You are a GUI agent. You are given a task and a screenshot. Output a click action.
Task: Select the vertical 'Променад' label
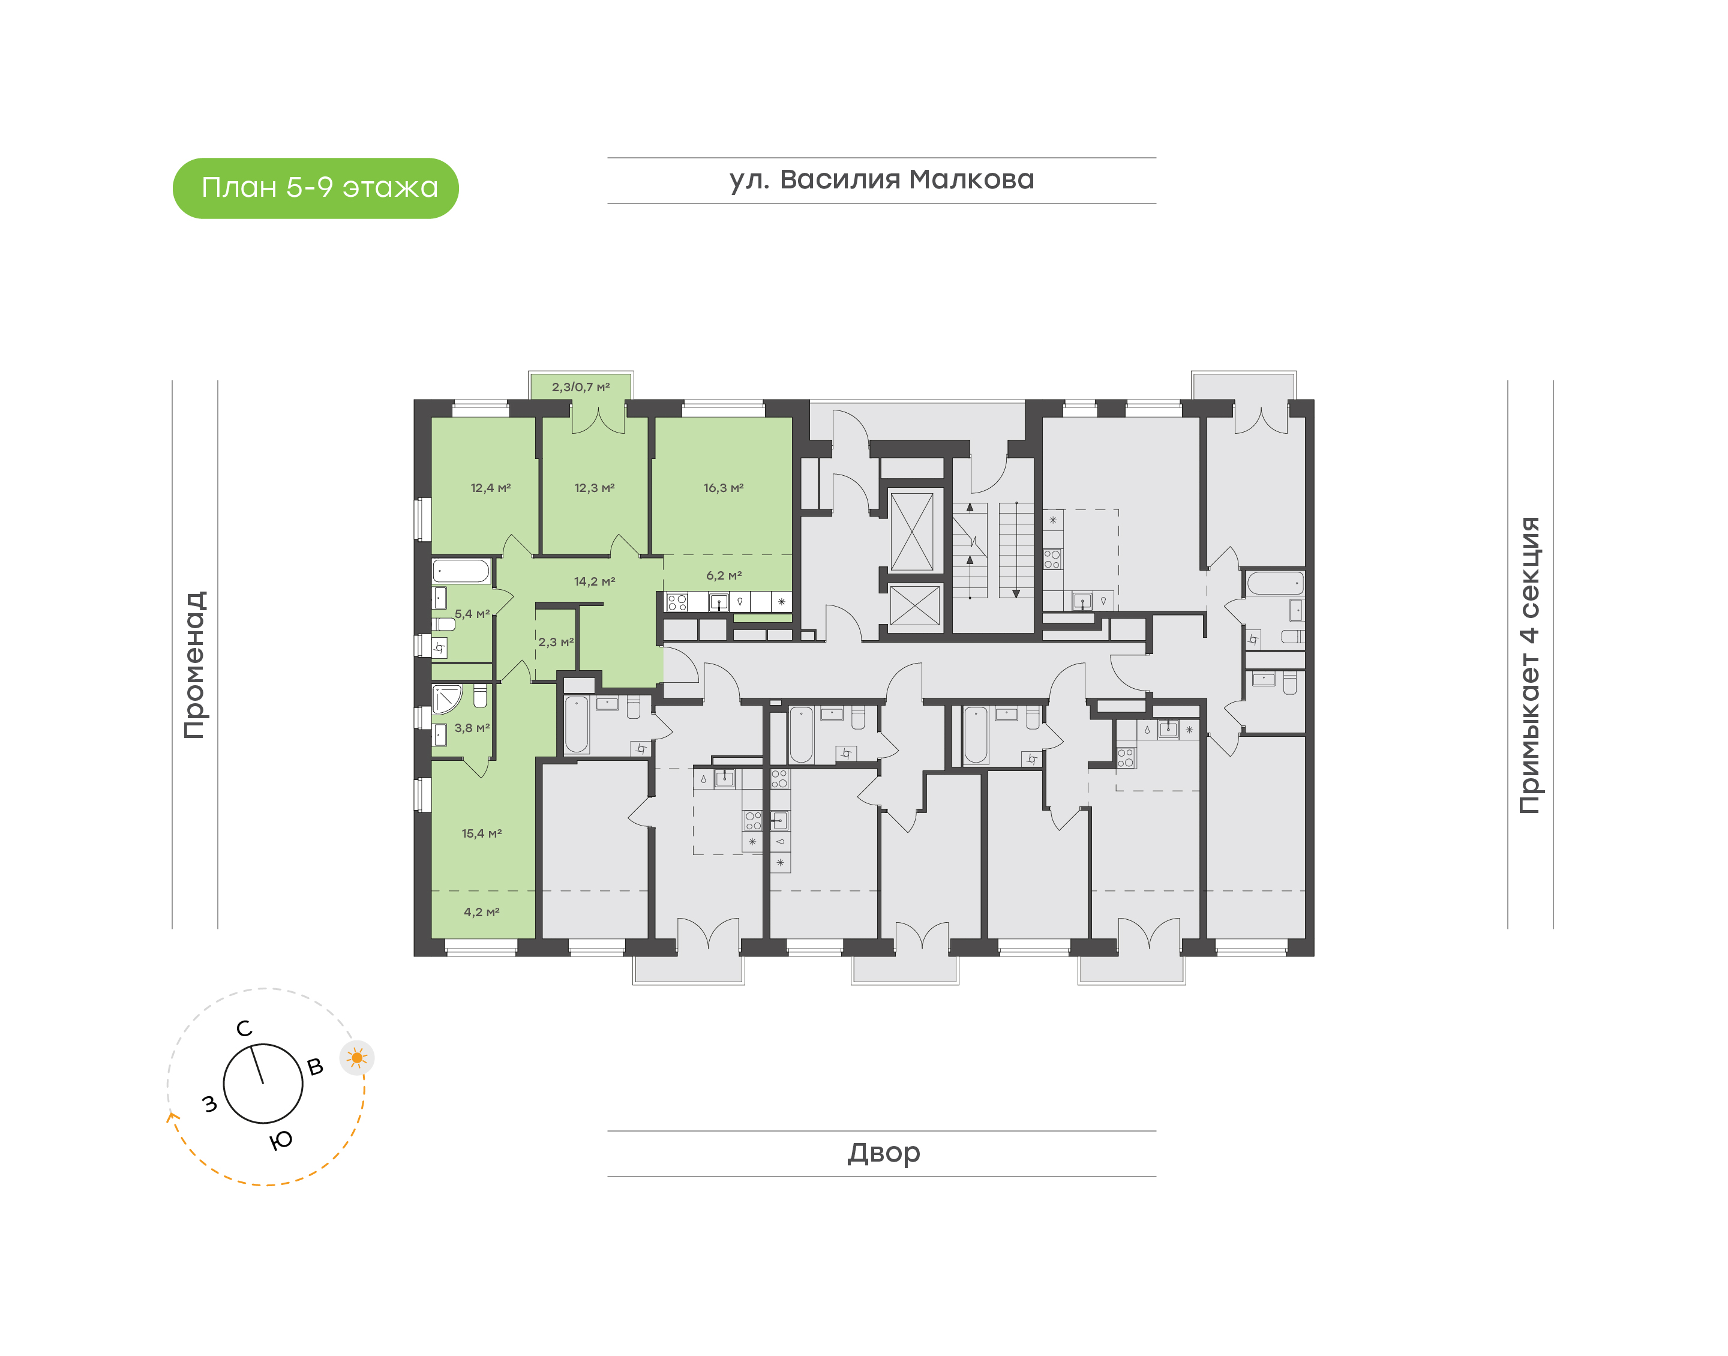[194, 665]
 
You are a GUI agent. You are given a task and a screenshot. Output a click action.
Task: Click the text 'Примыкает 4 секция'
[1529, 665]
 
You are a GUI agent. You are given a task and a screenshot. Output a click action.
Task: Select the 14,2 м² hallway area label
[595, 581]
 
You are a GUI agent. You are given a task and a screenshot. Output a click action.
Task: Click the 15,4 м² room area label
[482, 833]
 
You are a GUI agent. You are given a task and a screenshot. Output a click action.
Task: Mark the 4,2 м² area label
[482, 911]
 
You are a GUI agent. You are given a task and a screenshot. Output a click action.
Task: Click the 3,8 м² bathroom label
[472, 727]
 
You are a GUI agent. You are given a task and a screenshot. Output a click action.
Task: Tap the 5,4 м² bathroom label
[472, 614]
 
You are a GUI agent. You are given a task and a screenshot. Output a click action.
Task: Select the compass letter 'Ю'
[281, 1140]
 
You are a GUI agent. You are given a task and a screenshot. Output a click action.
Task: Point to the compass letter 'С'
[244, 1028]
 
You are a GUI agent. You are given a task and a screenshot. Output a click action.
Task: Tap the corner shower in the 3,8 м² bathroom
[446, 698]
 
